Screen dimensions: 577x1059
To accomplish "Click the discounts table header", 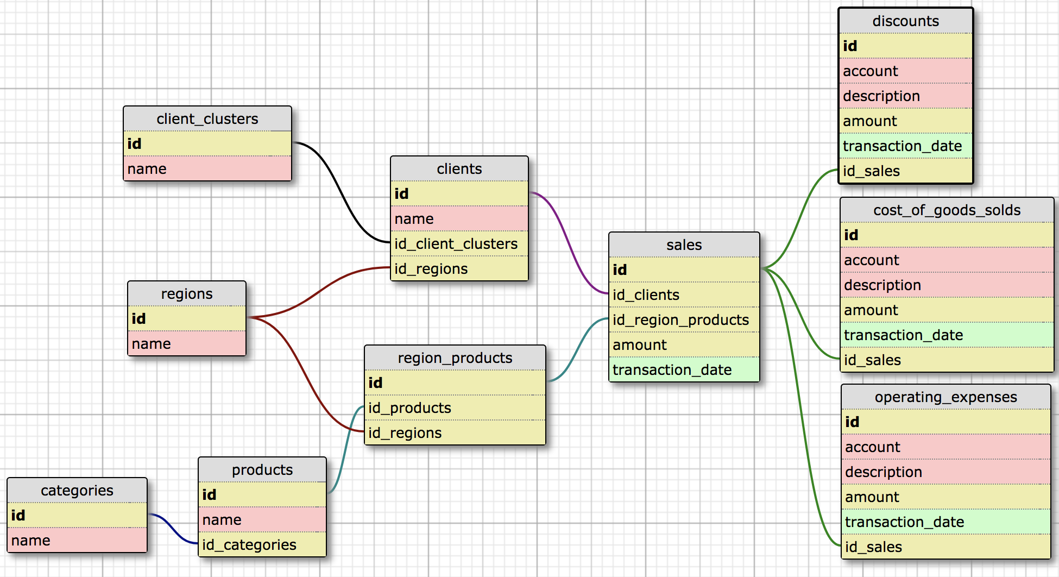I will tap(905, 21).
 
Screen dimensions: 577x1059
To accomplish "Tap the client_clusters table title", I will tap(207, 119).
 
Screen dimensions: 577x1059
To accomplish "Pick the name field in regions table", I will tap(187, 344).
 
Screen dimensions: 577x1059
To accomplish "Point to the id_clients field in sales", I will tap(684, 295).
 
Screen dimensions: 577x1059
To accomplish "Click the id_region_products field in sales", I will tap(684, 320).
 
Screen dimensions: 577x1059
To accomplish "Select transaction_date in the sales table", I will tap(684, 370).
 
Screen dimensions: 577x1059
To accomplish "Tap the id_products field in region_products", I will tap(455, 408).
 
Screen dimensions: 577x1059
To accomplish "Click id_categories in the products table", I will tap(262, 545).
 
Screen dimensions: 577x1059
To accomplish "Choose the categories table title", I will tap(77, 491).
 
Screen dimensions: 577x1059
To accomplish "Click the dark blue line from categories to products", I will tap(173, 530).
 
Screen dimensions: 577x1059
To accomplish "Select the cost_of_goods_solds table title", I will tap(947, 210).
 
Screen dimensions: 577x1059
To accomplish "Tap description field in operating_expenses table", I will tap(945, 472).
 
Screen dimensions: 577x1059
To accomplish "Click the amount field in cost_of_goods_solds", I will tap(947, 310).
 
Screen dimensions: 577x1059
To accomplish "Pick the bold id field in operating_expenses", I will tap(945, 422).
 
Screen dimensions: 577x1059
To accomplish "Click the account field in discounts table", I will tap(905, 71).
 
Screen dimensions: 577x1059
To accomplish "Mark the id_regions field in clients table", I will tap(459, 269).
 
